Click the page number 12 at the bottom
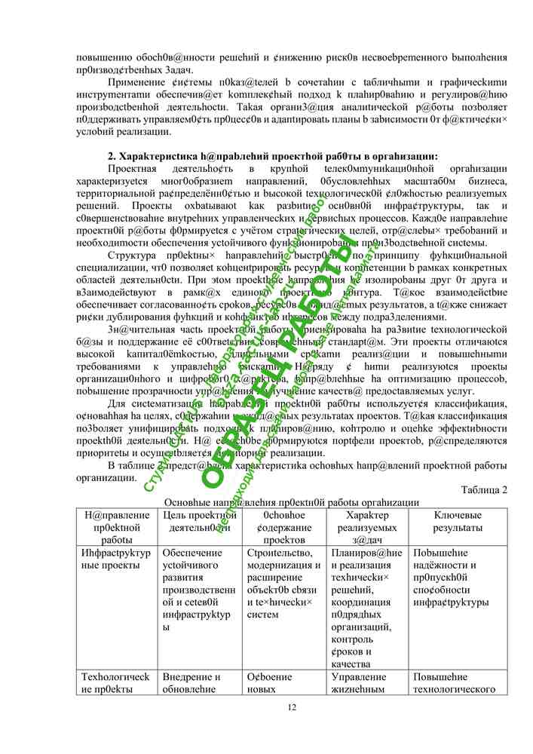click(x=293, y=706)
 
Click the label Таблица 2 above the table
click(x=483, y=489)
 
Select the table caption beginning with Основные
click(x=292, y=502)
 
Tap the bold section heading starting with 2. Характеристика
click(x=273, y=156)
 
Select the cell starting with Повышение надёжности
click(x=452, y=578)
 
